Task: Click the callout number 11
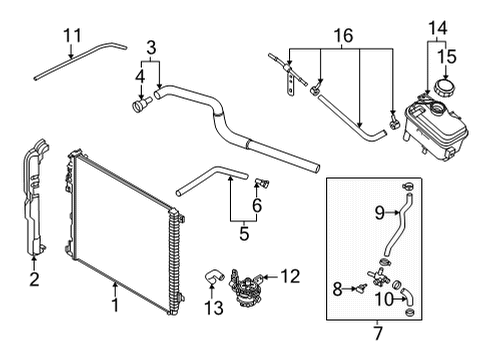pos(72,35)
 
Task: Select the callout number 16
pos(343,35)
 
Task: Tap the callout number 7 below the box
pos(377,333)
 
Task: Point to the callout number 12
pos(290,276)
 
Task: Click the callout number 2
pos(34,279)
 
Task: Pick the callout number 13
pos(214,308)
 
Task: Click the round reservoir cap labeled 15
pos(445,87)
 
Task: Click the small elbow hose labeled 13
pos(213,277)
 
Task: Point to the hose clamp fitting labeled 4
pos(141,104)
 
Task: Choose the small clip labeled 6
pos(262,183)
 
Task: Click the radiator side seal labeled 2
pos(34,197)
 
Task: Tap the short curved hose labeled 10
pos(408,296)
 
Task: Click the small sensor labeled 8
pos(361,289)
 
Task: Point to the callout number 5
pos(244,233)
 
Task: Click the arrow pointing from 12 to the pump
pos(270,277)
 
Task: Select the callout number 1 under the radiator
pos(115,305)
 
